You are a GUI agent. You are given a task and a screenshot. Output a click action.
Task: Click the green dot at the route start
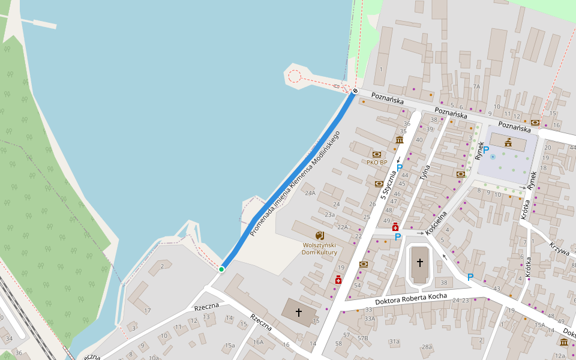(x=221, y=269)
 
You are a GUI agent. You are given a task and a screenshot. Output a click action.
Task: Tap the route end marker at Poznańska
(x=355, y=91)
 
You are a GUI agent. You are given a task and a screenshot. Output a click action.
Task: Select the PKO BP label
(x=377, y=162)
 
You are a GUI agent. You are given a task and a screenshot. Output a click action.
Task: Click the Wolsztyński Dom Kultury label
(x=319, y=248)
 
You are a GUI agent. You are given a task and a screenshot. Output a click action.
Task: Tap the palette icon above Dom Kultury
(x=319, y=235)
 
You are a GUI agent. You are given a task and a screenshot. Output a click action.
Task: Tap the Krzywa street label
(x=559, y=248)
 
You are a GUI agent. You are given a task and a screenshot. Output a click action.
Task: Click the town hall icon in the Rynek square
(x=508, y=142)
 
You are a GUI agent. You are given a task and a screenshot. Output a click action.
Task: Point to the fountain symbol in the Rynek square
(x=493, y=156)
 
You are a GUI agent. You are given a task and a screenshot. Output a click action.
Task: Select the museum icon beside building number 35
(x=400, y=140)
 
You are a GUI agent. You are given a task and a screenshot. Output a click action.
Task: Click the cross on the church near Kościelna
(x=420, y=262)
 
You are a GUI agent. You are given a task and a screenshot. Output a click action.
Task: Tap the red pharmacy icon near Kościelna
(x=395, y=227)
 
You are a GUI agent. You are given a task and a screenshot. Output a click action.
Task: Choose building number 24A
(x=310, y=193)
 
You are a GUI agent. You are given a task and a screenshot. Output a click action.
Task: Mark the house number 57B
(x=362, y=338)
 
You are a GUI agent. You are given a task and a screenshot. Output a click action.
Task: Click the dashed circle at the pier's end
(x=294, y=76)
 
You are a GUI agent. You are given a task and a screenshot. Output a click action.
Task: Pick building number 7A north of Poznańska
(x=476, y=86)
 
